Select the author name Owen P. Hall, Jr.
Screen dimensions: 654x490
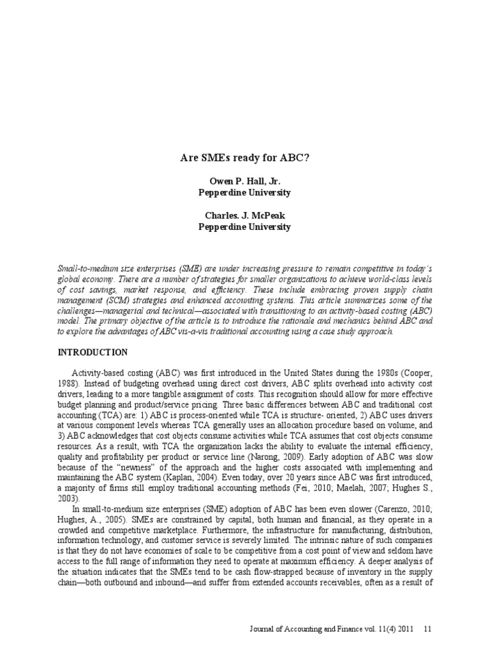[x=245, y=181]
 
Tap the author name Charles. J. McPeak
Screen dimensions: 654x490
[x=245, y=216]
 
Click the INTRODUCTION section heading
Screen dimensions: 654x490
[x=93, y=352]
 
